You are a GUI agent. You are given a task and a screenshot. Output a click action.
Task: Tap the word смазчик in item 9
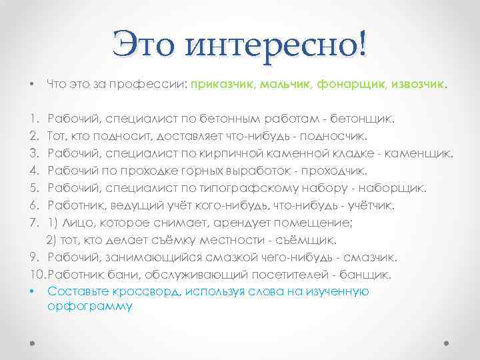pos(372,257)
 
